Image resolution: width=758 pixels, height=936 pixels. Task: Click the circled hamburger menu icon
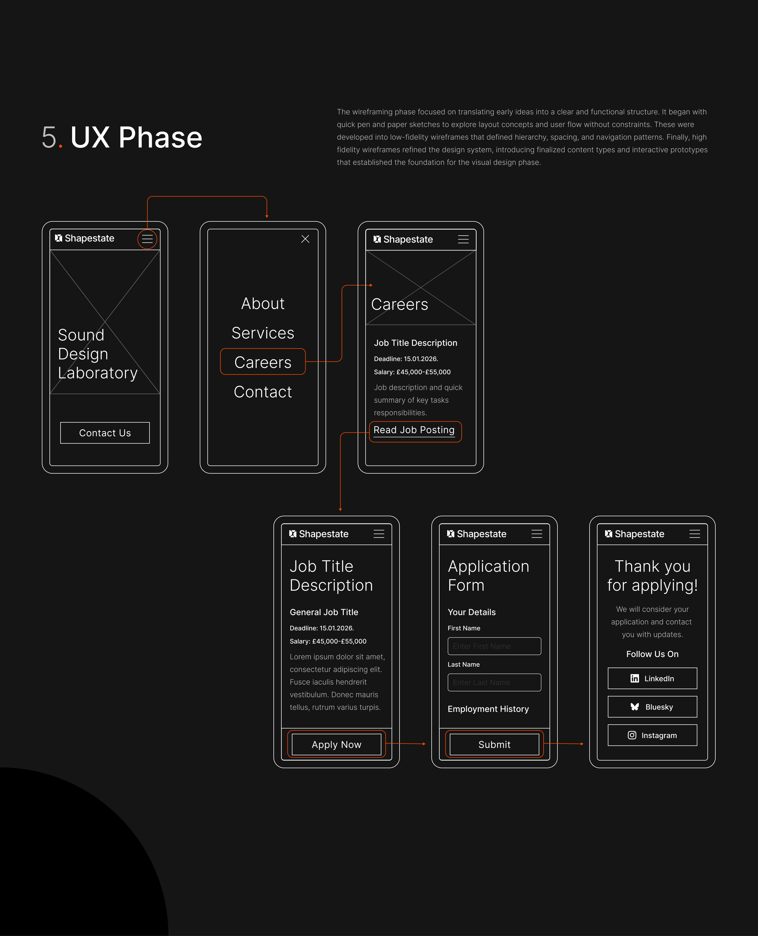147,239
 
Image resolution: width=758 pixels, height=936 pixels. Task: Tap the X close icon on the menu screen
305,239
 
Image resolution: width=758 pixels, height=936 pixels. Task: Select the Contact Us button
105,433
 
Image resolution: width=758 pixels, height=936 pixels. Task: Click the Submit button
494,745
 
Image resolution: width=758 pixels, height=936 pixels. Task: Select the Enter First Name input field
494,646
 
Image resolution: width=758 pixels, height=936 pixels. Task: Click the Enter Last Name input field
494,682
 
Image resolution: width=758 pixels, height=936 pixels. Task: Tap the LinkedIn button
652,679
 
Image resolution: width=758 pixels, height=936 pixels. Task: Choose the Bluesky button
652,707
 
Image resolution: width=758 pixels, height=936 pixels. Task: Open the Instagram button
652,735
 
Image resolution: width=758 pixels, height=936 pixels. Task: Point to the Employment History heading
488,709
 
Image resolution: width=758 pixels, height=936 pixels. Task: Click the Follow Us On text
652,654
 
